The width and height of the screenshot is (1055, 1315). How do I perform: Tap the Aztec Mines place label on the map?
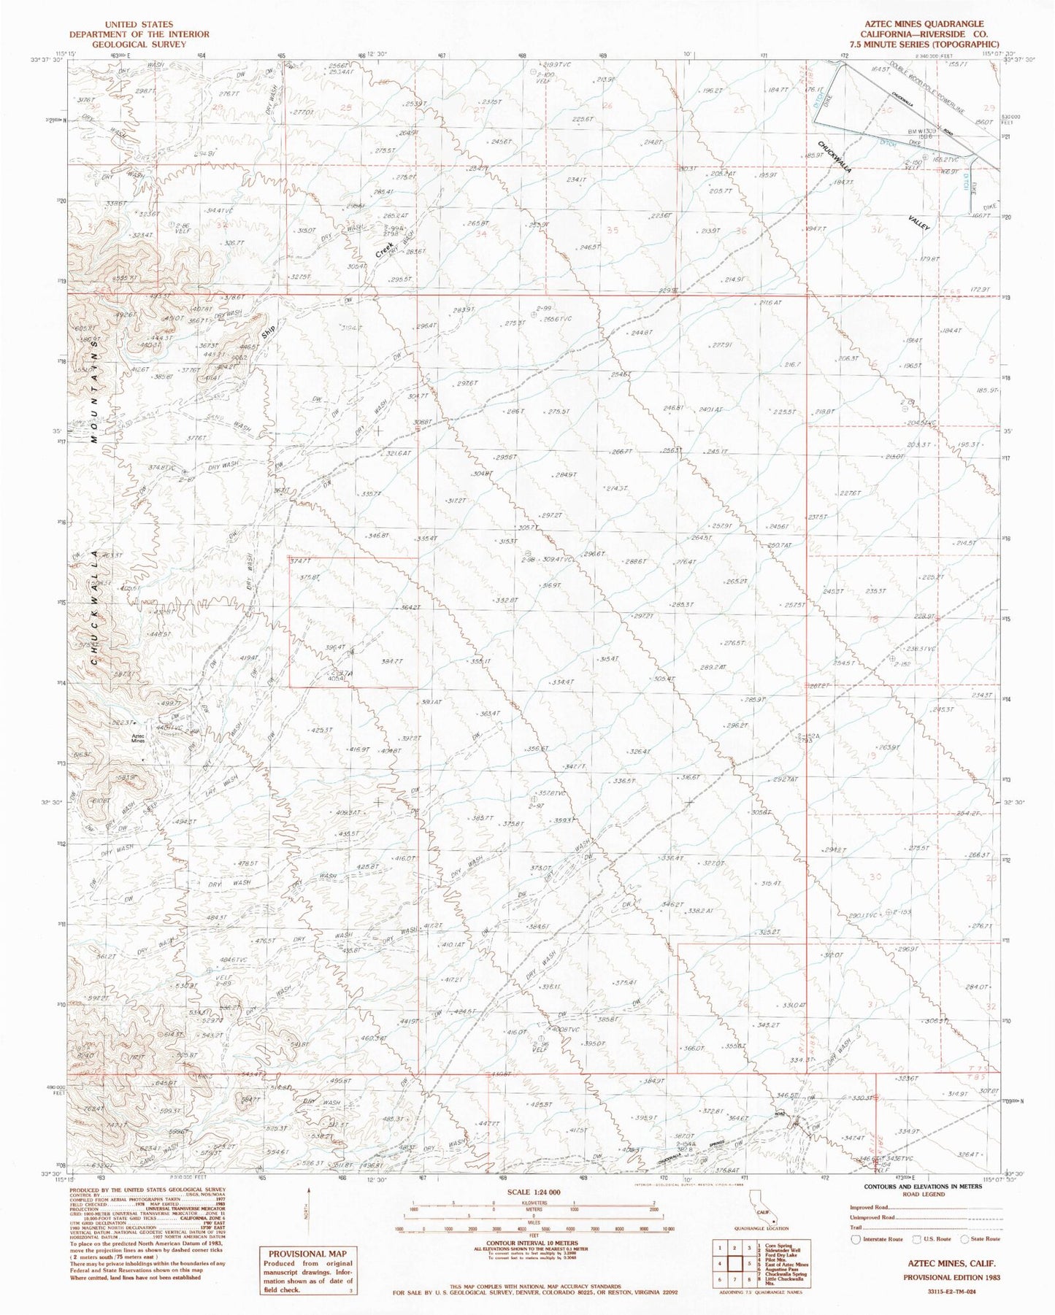point(139,739)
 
